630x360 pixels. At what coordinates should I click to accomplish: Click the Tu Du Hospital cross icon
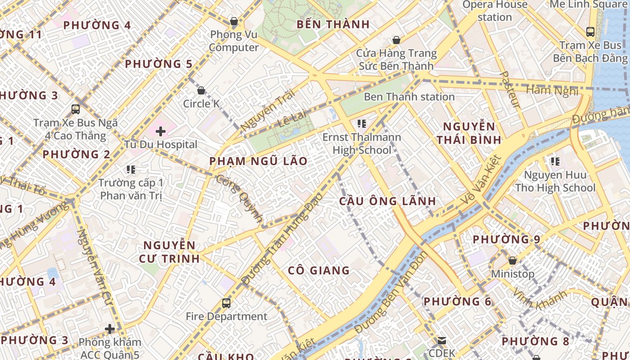tap(161, 131)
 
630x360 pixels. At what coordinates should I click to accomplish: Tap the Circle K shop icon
tap(201, 90)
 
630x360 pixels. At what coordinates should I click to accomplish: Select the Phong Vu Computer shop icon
tap(234, 21)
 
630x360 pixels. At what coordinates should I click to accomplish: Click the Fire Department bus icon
tap(226, 303)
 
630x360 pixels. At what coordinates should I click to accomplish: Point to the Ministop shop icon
tap(512, 261)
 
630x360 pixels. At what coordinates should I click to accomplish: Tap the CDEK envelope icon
tap(442, 341)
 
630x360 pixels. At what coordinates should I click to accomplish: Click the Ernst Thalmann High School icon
tap(361, 123)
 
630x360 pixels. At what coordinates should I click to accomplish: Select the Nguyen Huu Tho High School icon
tap(555, 161)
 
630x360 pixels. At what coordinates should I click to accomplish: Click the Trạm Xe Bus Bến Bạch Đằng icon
tap(590, 32)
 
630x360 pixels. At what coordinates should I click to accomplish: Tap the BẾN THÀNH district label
tap(333, 24)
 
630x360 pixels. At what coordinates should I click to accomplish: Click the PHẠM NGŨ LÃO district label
tap(258, 161)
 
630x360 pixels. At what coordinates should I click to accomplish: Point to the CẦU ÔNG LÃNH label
tap(387, 201)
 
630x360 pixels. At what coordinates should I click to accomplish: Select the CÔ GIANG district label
tap(319, 270)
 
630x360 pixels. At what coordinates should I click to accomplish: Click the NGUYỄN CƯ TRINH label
tap(171, 252)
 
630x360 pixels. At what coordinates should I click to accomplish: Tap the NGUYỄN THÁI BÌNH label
tap(469, 133)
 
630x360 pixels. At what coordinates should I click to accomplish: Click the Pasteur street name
tap(510, 90)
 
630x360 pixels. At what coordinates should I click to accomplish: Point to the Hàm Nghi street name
tap(552, 90)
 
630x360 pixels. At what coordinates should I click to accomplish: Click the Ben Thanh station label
tap(409, 97)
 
